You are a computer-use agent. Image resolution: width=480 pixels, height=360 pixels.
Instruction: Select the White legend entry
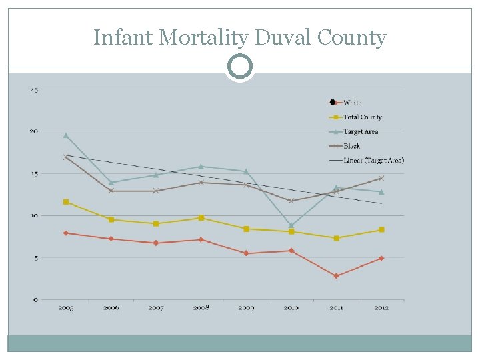352,102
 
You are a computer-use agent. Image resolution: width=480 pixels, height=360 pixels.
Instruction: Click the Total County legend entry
362,117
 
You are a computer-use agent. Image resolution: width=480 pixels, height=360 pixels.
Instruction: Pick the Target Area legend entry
361,131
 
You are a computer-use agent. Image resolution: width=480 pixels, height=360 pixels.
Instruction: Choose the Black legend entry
351,145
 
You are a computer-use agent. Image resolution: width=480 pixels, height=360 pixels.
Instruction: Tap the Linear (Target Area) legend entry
373,160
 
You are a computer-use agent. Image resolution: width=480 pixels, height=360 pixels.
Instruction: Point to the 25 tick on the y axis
34,89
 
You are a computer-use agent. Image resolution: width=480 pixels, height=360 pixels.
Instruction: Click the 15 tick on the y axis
34,173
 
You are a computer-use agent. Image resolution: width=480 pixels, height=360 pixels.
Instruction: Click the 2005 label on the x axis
66,308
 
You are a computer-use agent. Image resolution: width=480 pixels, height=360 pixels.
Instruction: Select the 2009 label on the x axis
246,308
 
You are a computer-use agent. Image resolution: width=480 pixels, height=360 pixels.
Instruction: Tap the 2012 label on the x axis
381,308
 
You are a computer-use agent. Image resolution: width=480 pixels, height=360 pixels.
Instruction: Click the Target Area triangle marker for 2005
66,135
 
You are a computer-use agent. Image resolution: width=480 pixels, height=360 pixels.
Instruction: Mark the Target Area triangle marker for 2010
291,225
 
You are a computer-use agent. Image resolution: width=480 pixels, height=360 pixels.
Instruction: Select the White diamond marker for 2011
336,276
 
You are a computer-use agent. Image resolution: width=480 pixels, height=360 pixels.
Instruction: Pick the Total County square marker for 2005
66,202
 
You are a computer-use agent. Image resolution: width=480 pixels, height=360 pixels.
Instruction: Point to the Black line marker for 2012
381,178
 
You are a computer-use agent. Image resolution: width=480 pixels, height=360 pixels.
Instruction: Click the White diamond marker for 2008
201,240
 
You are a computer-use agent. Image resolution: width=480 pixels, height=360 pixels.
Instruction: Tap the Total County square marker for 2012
381,229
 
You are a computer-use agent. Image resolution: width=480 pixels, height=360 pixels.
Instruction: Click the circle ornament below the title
240,67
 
